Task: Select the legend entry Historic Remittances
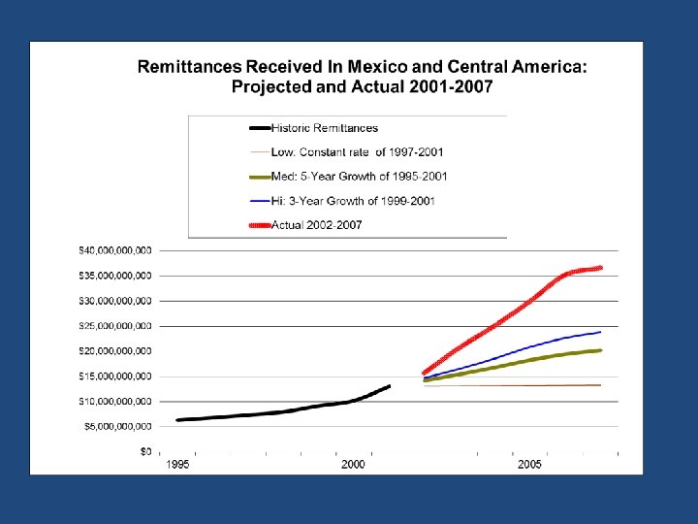(324, 128)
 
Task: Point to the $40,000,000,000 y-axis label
(114, 250)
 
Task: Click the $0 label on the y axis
(144, 451)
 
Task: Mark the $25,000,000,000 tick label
(114, 326)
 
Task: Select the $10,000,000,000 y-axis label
(114, 401)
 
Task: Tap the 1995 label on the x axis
(176, 466)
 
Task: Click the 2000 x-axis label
(353, 466)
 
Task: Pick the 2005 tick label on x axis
(529, 466)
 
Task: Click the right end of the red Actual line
(601, 268)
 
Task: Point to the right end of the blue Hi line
(601, 332)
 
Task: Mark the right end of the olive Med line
(601, 350)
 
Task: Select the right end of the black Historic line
(389, 386)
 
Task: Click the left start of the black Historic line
(177, 420)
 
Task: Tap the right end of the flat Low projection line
(601, 385)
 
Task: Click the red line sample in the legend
(260, 225)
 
